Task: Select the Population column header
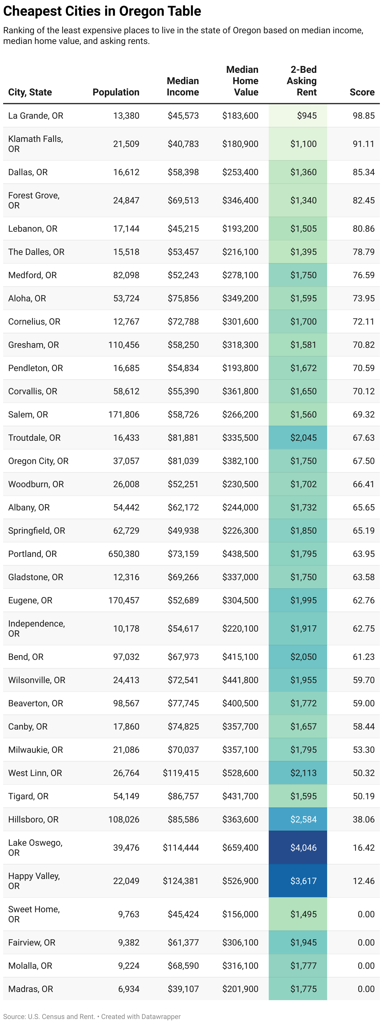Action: point(116,92)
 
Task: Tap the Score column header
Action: point(362,92)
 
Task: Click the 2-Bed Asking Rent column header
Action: point(302,81)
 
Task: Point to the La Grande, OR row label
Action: point(36,116)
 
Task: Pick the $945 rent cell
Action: point(307,116)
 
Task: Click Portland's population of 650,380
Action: point(124,554)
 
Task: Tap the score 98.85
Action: point(364,116)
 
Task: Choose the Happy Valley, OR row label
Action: point(34,881)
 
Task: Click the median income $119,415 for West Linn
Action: point(181,773)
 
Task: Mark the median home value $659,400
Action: point(240,848)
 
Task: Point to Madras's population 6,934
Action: point(128,989)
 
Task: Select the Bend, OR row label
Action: point(26,657)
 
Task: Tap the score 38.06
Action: point(364,819)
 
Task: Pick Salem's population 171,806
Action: point(124,414)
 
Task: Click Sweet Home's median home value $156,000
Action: point(240,914)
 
